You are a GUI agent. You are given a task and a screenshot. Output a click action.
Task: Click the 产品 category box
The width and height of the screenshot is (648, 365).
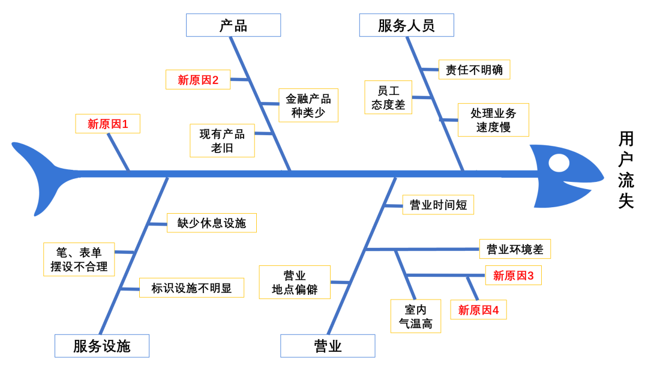click(233, 25)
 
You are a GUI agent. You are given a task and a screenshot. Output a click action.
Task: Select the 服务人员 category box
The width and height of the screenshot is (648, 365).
click(406, 25)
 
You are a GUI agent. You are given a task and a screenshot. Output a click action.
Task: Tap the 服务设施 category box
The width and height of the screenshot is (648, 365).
click(101, 346)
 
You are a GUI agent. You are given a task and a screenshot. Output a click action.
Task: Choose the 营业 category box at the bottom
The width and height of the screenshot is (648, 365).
click(328, 346)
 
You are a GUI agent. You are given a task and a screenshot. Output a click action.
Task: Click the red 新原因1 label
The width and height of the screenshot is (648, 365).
click(107, 124)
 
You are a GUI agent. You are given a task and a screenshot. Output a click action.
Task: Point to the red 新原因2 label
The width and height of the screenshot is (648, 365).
click(197, 80)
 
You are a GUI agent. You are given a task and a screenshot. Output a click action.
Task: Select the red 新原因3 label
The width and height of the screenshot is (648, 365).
click(513, 276)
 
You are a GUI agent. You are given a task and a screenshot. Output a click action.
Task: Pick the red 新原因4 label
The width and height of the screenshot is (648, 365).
click(478, 310)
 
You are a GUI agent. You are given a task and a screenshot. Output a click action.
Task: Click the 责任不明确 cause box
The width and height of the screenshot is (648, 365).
click(474, 70)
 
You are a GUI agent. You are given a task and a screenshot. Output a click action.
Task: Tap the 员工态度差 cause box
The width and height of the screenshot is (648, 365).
click(388, 98)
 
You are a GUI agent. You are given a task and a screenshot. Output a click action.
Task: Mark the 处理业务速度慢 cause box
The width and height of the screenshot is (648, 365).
click(493, 120)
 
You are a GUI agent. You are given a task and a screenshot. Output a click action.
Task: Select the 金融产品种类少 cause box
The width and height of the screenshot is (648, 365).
click(308, 106)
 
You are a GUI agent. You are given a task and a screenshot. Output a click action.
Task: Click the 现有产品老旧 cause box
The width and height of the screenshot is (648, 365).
click(222, 141)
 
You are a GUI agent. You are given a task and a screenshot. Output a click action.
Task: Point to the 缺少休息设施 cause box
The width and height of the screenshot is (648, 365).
click(211, 223)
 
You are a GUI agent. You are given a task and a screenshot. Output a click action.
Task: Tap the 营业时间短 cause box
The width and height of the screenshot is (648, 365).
click(438, 205)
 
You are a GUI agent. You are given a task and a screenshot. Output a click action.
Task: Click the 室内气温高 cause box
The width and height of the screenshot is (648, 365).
click(415, 317)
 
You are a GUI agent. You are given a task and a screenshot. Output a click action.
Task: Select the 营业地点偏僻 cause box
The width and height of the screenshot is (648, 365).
click(295, 282)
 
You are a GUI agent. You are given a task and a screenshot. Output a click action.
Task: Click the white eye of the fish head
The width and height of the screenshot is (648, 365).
click(559, 162)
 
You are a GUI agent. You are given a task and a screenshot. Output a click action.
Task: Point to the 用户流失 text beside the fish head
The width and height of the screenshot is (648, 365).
click(626, 171)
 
